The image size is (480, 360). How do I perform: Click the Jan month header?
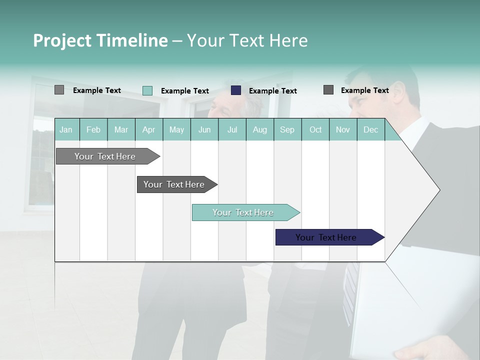(66, 130)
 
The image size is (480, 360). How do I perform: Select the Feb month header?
(93, 130)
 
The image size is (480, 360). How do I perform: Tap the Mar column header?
(121, 130)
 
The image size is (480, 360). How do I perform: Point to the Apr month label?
(148, 130)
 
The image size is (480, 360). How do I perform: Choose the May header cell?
(176, 130)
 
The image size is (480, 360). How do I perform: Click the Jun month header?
(204, 130)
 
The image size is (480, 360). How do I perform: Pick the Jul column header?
(232, 130)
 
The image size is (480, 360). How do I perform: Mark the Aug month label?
(259, 130)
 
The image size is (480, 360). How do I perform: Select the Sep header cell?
(287, 130)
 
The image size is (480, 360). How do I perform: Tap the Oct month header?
(315, 130)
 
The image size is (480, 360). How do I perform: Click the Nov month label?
(343, 130)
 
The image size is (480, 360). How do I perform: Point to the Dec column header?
(370, 130)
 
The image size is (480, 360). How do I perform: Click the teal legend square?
(147, 90)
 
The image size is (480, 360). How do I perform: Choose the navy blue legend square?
(236, 90)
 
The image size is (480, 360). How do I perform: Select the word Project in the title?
(62, 40)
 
